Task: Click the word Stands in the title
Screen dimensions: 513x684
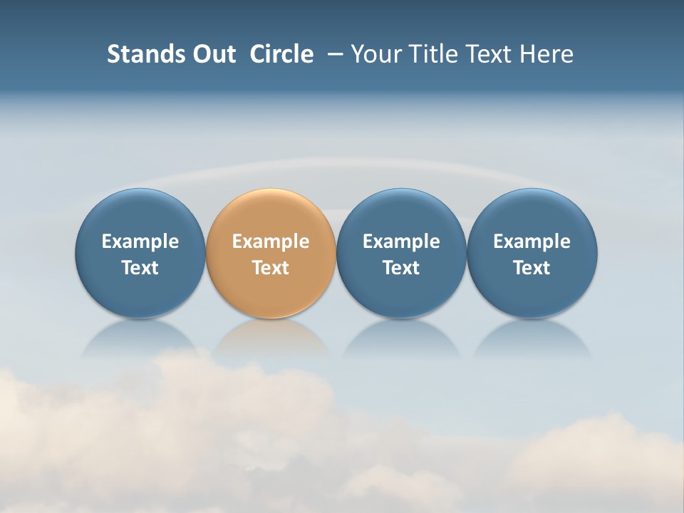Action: coord(136,54)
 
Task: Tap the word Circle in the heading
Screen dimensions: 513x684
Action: coord(281,54)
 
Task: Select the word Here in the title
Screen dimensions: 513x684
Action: coord(546,54)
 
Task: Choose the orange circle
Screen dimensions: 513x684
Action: coord(271,214)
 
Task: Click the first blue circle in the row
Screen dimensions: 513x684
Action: coord(140,214)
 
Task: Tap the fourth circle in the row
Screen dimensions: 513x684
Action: coord(532,214)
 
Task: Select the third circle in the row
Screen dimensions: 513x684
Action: coord(401,214)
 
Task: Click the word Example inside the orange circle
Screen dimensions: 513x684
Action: coord(271,242)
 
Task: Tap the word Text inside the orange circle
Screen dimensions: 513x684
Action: coord(271,268)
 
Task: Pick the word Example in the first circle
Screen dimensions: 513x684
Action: coord(140,242)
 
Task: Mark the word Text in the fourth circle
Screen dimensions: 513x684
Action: coord(532,268)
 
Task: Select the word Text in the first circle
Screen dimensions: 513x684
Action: coord(140,268)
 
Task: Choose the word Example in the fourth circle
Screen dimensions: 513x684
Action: coord(532,242)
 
